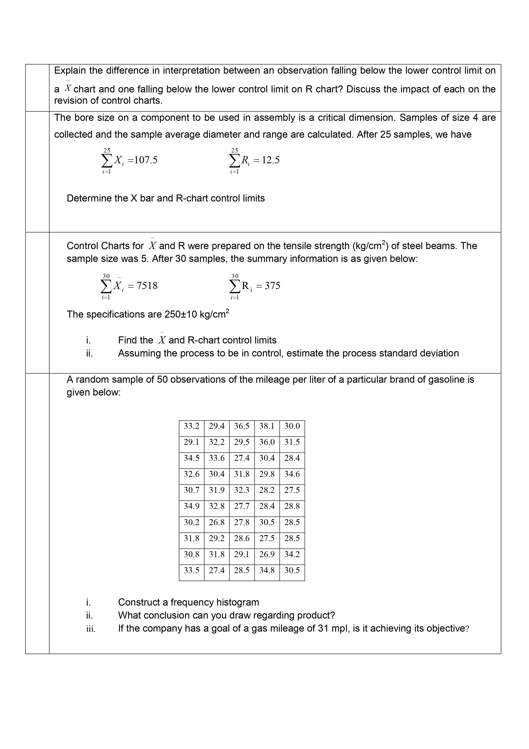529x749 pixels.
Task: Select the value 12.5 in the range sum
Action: coord(271,160)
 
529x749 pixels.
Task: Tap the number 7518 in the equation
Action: coord(147,286)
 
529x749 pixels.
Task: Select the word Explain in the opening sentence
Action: coord(70,70)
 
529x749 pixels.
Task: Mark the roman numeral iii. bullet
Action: coord(91,629)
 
